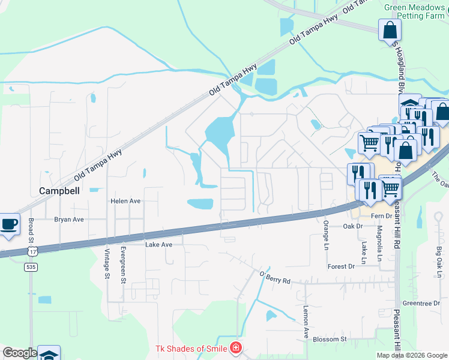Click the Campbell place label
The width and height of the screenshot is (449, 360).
point(59,191)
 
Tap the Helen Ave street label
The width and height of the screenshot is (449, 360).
point(126,201)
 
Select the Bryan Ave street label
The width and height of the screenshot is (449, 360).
point(69,220)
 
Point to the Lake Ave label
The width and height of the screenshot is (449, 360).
point(158,245)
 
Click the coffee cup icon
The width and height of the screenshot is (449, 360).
point(9,224)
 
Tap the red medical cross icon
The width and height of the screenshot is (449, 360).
point(236,349)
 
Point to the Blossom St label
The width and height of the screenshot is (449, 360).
point(330,339)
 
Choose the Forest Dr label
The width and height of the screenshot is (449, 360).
point(342,266)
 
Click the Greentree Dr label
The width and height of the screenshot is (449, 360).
point(422,304)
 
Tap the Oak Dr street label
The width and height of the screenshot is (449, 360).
point(354,226)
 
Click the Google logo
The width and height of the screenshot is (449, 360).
point(20,353)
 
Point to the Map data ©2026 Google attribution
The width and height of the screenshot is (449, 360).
point(412,355)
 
